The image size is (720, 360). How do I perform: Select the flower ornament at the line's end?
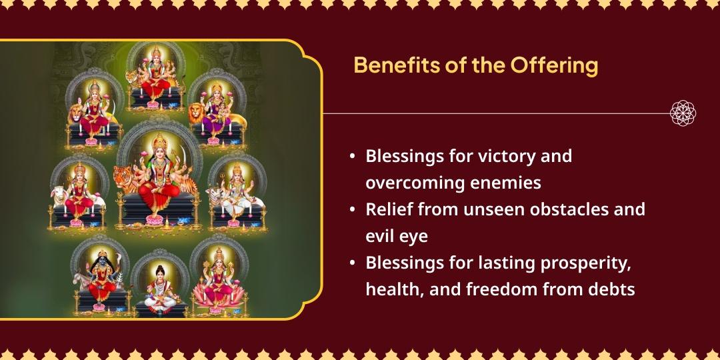(x=683, y=113)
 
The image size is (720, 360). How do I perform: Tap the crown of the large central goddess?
(x=158, y=137)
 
